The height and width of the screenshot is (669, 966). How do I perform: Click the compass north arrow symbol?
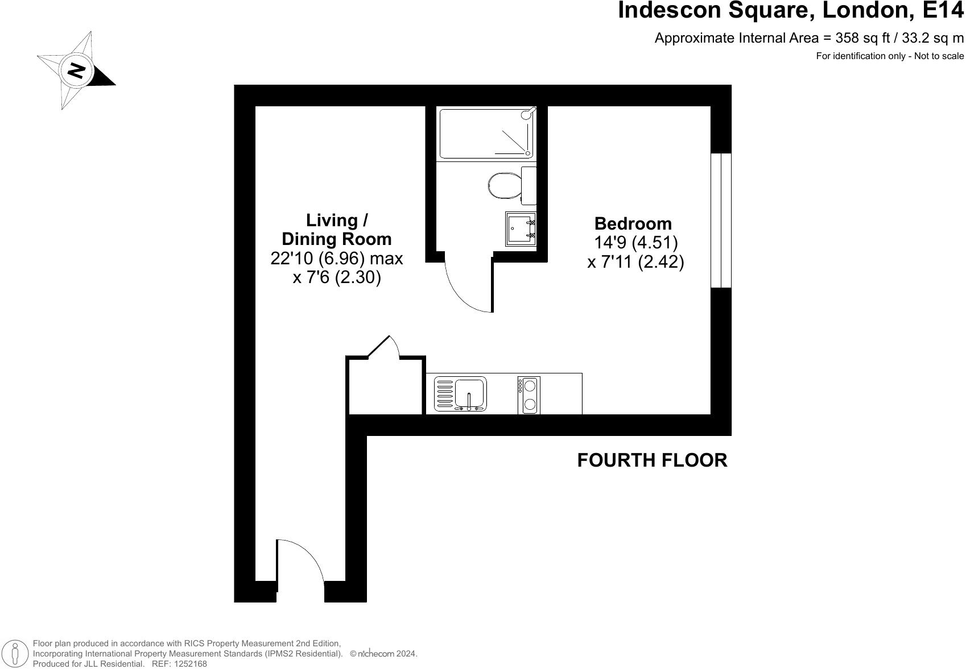[76, 70]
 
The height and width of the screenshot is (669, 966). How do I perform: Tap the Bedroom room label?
[633, 223]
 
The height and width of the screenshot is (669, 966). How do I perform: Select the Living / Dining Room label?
[336, 229]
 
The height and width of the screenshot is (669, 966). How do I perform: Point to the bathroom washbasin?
[520, 228]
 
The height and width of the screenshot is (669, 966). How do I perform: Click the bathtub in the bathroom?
[486, 134]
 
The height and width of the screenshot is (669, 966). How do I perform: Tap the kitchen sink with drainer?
[460, 393]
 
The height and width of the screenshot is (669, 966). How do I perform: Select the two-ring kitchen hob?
[529, 394]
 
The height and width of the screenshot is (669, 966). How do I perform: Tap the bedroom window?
[721, 220]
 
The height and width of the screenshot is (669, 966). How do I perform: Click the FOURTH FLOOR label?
[652, 460]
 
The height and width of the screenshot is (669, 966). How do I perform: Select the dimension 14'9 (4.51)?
[635, 243]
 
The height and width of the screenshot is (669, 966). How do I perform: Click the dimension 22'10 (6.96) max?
[336, 259]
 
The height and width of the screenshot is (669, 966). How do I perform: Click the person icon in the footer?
[15, 654]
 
